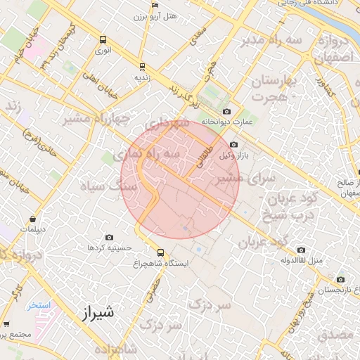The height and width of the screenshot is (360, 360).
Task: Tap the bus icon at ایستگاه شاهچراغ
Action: pyautogui.click(x=161, y=252)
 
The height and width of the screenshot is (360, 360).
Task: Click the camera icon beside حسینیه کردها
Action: pyautogui.click(x=109, y=238)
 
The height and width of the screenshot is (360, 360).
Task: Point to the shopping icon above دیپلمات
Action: pyautogui.click(x=33, y=219)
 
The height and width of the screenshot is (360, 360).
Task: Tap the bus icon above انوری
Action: pyautogui.click(x=103, y=40)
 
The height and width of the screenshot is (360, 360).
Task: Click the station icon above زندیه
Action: pyautogui.click(x=143, y=67)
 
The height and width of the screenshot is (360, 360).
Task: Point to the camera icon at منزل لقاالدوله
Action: pyautogui.click(x=302, y=250)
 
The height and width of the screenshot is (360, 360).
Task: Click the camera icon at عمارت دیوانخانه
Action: pyautogui.click(x=226, y=111)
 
